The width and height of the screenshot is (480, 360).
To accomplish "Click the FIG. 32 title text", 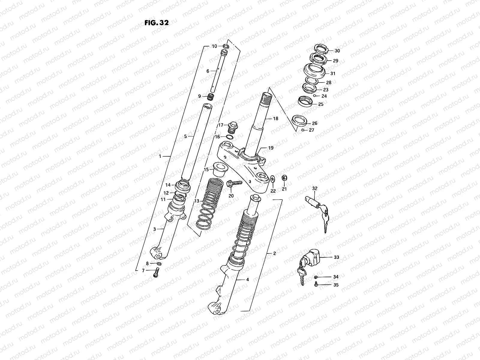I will [157, 23].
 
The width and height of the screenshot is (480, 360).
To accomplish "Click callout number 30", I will [337, 51].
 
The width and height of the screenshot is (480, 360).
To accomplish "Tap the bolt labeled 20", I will [233, 184].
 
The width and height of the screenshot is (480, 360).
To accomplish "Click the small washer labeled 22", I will [272, 179].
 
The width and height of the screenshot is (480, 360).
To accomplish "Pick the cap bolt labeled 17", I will [232, 126].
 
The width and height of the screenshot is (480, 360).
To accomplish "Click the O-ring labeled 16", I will [229, 137].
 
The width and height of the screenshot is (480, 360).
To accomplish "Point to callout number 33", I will [336, 257].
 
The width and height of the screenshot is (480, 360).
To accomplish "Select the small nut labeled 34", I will [316, 277].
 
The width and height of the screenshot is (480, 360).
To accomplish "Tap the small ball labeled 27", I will [303, 130].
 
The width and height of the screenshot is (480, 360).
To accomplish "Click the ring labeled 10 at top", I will [226, 46].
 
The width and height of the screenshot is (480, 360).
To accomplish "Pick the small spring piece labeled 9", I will [212, 97].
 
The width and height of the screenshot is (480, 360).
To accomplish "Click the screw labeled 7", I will [155, 272].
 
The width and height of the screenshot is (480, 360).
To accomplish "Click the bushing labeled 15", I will [219, 169].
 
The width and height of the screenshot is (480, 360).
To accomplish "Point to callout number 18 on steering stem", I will [276, 118].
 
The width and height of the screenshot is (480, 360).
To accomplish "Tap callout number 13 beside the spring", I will [196, 201].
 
